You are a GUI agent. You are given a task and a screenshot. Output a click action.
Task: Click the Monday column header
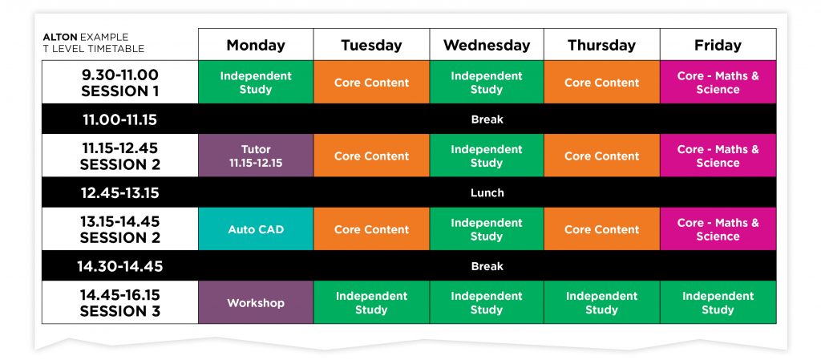point(256,45)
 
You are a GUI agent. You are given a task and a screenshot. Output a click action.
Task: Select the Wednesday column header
point(486,45)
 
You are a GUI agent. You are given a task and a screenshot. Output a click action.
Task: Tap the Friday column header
point(718,45)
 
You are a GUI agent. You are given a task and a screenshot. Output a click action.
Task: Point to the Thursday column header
point(601,45)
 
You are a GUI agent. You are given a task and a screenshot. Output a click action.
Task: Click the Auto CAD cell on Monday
point(256,229)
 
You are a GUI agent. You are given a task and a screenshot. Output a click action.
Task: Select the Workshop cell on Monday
point(256,303)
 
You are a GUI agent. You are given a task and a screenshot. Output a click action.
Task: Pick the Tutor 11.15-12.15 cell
point(256,156)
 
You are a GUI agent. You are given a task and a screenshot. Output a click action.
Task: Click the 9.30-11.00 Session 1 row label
point(120,83)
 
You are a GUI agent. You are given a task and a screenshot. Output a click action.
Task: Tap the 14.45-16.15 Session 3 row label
point(120,303)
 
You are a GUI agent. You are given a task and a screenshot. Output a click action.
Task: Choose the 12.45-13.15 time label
point(120,192)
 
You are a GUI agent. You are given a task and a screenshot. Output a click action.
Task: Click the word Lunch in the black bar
point(487,192)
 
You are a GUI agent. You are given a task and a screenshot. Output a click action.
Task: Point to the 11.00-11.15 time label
point(120,119)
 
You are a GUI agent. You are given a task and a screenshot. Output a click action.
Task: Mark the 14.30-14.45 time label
point(120,266)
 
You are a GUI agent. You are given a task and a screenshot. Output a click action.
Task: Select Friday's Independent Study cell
point(718,303)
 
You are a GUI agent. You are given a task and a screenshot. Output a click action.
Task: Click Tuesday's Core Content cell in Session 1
point(371,83)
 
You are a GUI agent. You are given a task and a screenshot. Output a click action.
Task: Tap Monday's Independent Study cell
point(256,83)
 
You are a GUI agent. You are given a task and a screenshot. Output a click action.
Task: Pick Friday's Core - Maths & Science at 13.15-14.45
point(718,229)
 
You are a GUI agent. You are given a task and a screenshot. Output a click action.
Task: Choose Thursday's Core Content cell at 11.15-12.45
point(601,156)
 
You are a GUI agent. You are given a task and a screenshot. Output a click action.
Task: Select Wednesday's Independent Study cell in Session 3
point(486,303)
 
